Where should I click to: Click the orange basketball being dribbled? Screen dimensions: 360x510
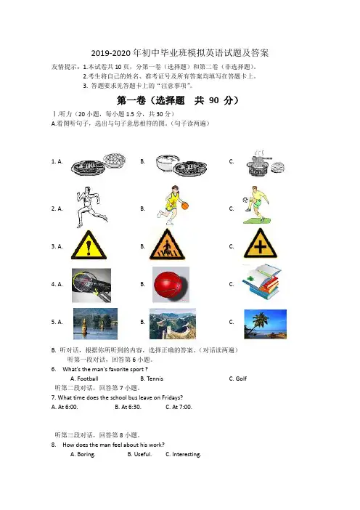[x=185, y=206]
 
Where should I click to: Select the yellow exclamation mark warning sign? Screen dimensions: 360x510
[x=89, y=245]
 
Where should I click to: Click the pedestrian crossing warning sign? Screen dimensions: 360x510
[x=167, y=244]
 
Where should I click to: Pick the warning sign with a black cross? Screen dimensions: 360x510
[x=261, y=243]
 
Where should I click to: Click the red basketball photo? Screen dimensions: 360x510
[x=171, y=285]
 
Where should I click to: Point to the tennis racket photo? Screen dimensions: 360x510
[x=91, y=286]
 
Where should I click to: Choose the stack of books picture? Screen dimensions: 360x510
[x=261, y=282]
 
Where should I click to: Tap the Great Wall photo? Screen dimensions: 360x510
[x=173, y=324]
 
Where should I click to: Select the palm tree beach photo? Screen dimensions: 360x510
[x=265, y=324]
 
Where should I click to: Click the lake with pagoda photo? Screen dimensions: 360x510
[x=95, y=323]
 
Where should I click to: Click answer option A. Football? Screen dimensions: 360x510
[x=84, y=379]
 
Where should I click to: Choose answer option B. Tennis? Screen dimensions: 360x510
[x=152, y=379]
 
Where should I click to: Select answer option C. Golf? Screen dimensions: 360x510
[x=238, y=379]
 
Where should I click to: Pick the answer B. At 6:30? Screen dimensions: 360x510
[x=128, y=407]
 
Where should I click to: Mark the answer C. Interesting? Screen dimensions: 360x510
[x=183, y=454]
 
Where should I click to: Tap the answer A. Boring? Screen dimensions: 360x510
[x=83, y=454]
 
